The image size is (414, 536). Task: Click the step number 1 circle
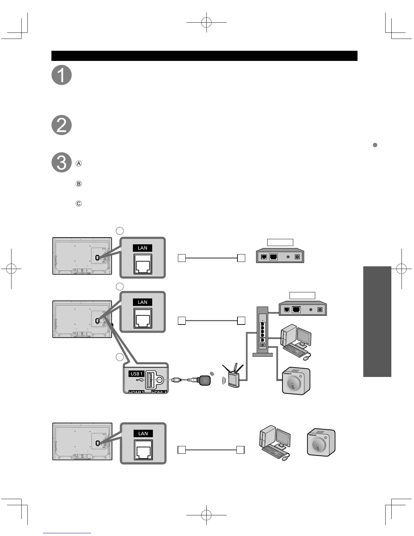(62, 75)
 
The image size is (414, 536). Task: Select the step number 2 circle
(62, 125)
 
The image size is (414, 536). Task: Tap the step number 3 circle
(62, 162)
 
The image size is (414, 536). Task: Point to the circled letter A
(78, 164)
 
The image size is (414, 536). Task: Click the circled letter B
(78, 184)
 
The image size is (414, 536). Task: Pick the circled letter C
(78, 204)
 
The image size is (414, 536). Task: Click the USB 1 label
(137, 374)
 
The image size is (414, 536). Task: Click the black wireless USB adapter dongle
(204, 380)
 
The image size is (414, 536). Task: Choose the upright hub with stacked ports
(262, 331)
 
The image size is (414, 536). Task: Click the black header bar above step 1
(204, 56)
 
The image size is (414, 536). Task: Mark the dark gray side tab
(377, 321)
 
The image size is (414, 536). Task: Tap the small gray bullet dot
(375, 145)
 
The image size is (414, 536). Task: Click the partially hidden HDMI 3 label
(159, 392)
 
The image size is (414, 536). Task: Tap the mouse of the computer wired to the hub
(306, 357)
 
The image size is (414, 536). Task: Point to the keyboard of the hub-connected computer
(293, 350)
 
